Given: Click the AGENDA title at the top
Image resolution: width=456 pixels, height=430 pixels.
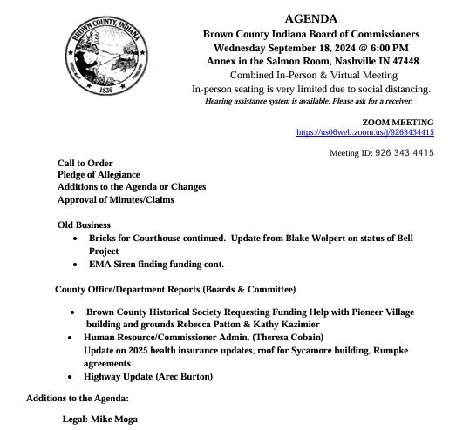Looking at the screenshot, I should coord(311,19).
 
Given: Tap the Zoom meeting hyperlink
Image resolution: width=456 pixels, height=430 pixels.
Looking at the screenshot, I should coord(365,132).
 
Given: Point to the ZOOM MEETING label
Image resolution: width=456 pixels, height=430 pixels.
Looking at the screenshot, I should coord(398,122).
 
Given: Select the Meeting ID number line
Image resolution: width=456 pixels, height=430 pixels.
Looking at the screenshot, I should coord(382,153).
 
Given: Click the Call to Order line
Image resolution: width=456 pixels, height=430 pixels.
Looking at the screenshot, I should coord(85,164).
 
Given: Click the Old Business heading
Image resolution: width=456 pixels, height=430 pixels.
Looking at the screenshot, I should coord(84,225).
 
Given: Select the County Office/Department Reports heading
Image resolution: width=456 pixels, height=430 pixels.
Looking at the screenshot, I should coord(174,289).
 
